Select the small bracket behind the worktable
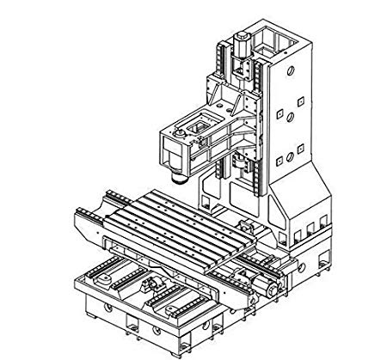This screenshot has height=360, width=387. click(245, 227)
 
